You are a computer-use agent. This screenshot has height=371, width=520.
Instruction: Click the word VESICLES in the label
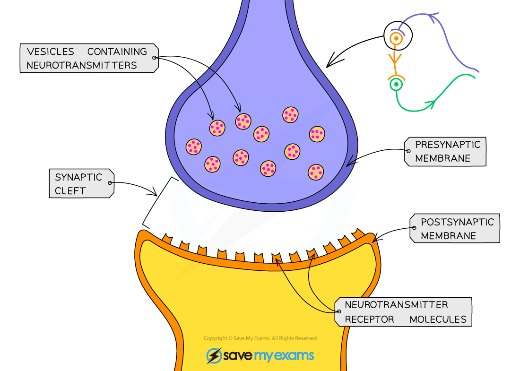(50, 52)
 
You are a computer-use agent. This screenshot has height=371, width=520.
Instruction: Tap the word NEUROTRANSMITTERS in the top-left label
(81, 65)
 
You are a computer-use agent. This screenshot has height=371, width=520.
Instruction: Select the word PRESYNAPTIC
(447, 145)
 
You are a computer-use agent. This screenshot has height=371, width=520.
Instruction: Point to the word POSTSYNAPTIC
(457, 222)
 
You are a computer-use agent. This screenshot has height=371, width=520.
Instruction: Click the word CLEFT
(70, 191)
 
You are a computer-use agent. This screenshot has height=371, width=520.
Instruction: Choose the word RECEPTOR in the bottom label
(369, 319)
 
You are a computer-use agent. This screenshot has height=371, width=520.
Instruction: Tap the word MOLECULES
(438, 319)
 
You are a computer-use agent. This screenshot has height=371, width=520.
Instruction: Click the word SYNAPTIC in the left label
(78, 177)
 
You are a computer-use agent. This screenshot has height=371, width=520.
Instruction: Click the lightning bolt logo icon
(214, 356)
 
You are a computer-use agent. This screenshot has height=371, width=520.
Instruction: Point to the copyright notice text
(260, 338)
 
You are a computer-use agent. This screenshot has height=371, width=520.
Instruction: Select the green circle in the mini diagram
(396, 85)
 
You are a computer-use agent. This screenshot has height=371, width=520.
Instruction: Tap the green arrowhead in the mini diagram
(430, 104)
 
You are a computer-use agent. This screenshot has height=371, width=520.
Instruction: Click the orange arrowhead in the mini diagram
(395, 59)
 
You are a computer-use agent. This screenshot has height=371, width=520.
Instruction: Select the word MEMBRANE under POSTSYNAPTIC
(448, 235)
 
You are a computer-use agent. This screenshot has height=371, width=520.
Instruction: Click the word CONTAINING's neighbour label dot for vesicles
(154, 58)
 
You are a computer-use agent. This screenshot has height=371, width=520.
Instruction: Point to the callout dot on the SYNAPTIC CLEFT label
(110, 183)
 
